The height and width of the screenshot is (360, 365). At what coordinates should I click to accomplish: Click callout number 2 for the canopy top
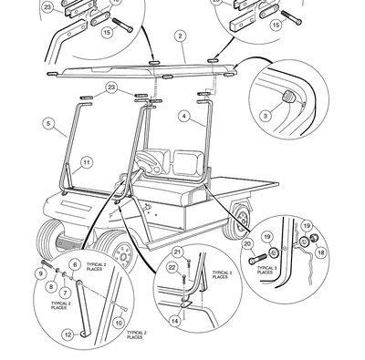pyautogui.click(x=181, y=36)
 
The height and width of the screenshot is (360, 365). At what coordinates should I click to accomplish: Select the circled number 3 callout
pyautogui.click(x=266, y=116)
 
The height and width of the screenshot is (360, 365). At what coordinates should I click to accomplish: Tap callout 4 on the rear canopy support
pyautogui.click(x=183, y=117)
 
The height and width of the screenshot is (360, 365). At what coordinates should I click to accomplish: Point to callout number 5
pyautogui.click(x=47, y=121)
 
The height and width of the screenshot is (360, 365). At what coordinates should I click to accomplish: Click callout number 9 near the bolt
pyautogui.click(x=42, y=273)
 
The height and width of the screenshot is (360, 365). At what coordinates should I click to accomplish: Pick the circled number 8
pyautogui.click(x=53, y=285)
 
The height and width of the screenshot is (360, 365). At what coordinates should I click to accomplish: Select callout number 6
pyautogui.click(x=74, y=265)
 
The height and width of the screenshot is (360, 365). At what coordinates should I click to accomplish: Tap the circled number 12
pyautogui.click(x=67, y=335)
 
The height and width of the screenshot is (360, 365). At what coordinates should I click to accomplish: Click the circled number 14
pyautogui.click(x=174, y=321)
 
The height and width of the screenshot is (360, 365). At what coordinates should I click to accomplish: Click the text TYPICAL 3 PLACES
pyautogui.click(x=265, y=269)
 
